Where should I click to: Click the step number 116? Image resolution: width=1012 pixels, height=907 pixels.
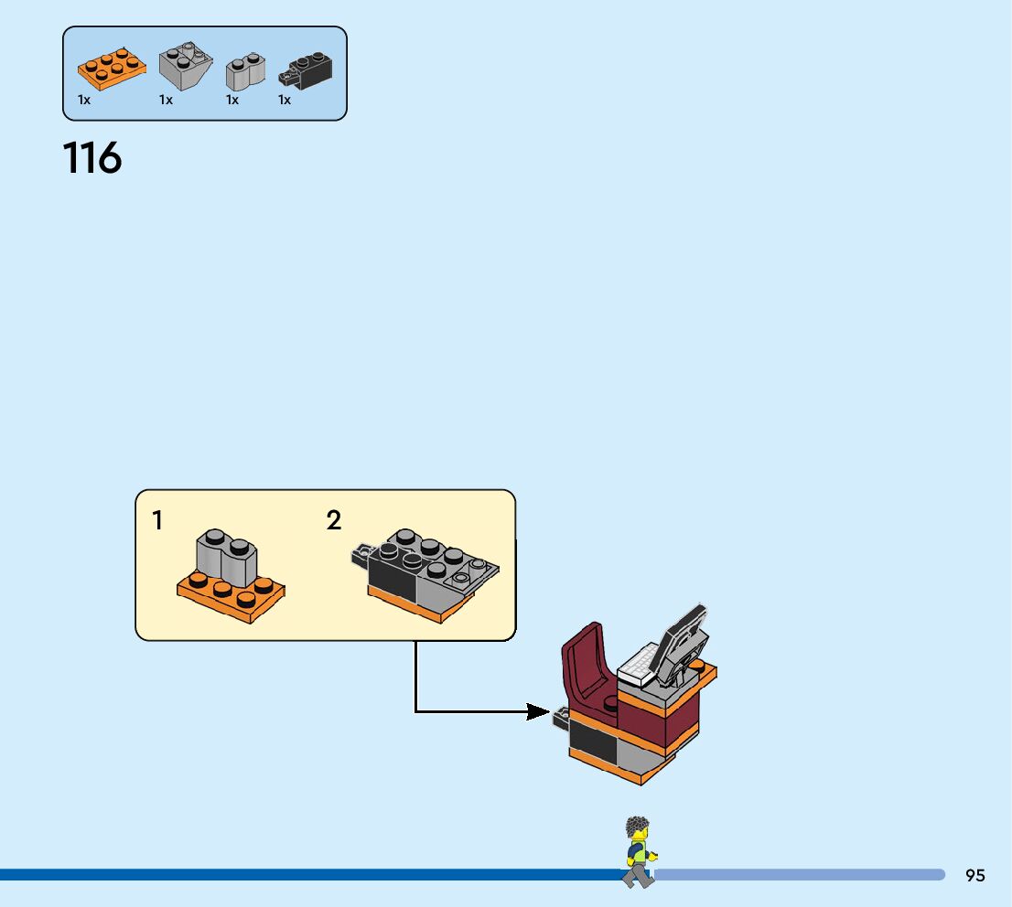(x=92, y=158)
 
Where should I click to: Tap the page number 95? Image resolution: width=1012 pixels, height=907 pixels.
(x=974, y=875)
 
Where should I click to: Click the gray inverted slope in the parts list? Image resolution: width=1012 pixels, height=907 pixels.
(x=186, y=67)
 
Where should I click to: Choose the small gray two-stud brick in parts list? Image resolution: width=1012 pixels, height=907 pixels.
(x=244, y=71)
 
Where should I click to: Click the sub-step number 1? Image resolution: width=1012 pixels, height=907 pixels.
(x=157, y=521)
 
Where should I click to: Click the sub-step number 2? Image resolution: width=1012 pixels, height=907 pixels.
(x=334, y=521)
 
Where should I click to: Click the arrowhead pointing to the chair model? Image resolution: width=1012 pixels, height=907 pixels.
(x=538, y=711)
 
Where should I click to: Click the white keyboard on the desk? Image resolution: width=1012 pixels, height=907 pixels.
(x=638, y=666)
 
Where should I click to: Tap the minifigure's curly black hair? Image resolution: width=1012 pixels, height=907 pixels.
(x=637, y=828)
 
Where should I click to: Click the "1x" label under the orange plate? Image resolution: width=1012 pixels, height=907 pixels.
(x=84, y=100)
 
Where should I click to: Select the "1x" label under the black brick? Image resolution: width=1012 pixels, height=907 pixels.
(x=285, y=100)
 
